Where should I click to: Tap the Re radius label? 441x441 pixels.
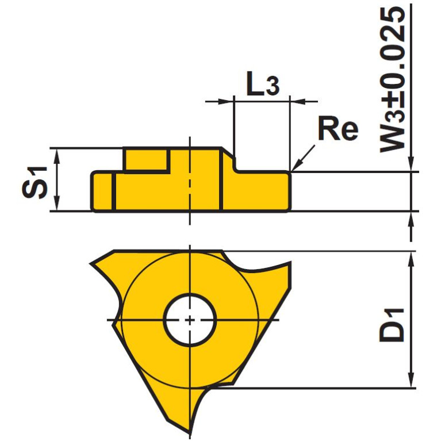(338, 131)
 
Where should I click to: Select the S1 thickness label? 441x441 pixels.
(35, 180)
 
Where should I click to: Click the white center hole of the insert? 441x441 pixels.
(190, 320)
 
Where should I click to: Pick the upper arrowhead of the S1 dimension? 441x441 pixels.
(56, 152)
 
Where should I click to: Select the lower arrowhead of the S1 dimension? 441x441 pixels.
(56, 206)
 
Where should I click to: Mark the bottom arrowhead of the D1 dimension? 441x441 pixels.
(411, 382)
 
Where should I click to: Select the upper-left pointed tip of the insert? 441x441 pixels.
(92, 263)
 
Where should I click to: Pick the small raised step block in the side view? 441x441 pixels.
(147, 160)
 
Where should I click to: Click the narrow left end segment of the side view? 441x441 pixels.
(103, 191)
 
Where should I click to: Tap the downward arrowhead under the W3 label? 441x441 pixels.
(411, 166)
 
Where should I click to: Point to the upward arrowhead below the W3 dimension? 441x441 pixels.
(411, 217)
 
